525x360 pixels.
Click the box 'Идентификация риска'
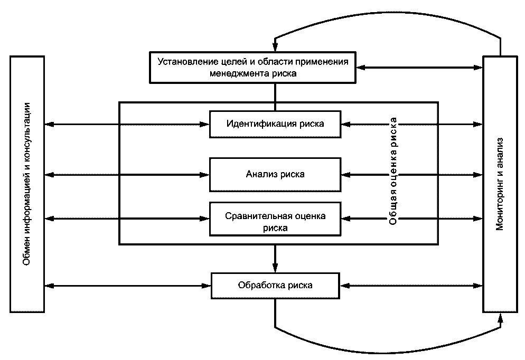[275, 124]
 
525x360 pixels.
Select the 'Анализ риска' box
[275, 174]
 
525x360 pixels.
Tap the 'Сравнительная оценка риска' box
[275, 222]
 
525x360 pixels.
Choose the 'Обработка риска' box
[275, 286]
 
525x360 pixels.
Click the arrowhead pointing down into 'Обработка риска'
[275, 267]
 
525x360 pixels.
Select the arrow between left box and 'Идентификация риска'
[127, 125]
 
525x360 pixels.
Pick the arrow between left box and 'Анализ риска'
[127, 174]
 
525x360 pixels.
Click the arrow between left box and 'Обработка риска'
[127, 286]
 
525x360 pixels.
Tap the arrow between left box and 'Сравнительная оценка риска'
[127, 217]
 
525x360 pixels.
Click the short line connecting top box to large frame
[275, 92]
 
